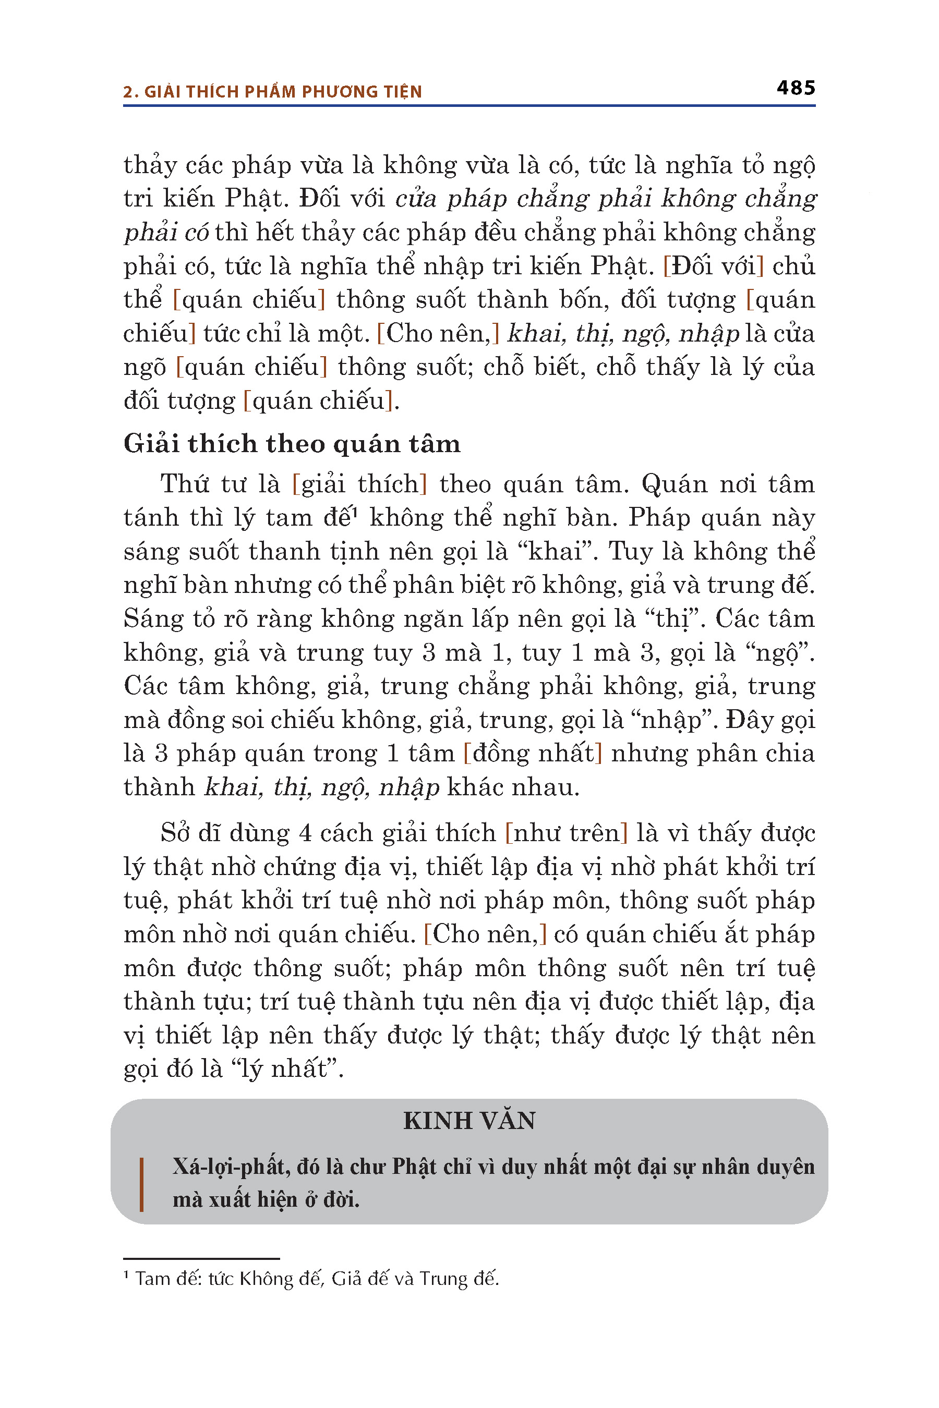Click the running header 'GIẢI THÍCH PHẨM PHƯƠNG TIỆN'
(x=283, y=92)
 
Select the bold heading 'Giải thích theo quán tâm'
(x=292, y=444)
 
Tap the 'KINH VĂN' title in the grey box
(x=469, y=1121)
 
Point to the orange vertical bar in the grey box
(x=141, y=1184)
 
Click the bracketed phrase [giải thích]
(x=359, y=484)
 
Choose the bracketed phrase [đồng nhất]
(x=533, y=753)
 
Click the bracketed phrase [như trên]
(x=566, y=833)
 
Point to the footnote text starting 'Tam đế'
(x=316, y=1279)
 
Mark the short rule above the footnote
(x=201, y=1259)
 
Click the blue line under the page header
(x=469, y=106)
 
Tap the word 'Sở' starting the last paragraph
(x=174, y=833)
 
